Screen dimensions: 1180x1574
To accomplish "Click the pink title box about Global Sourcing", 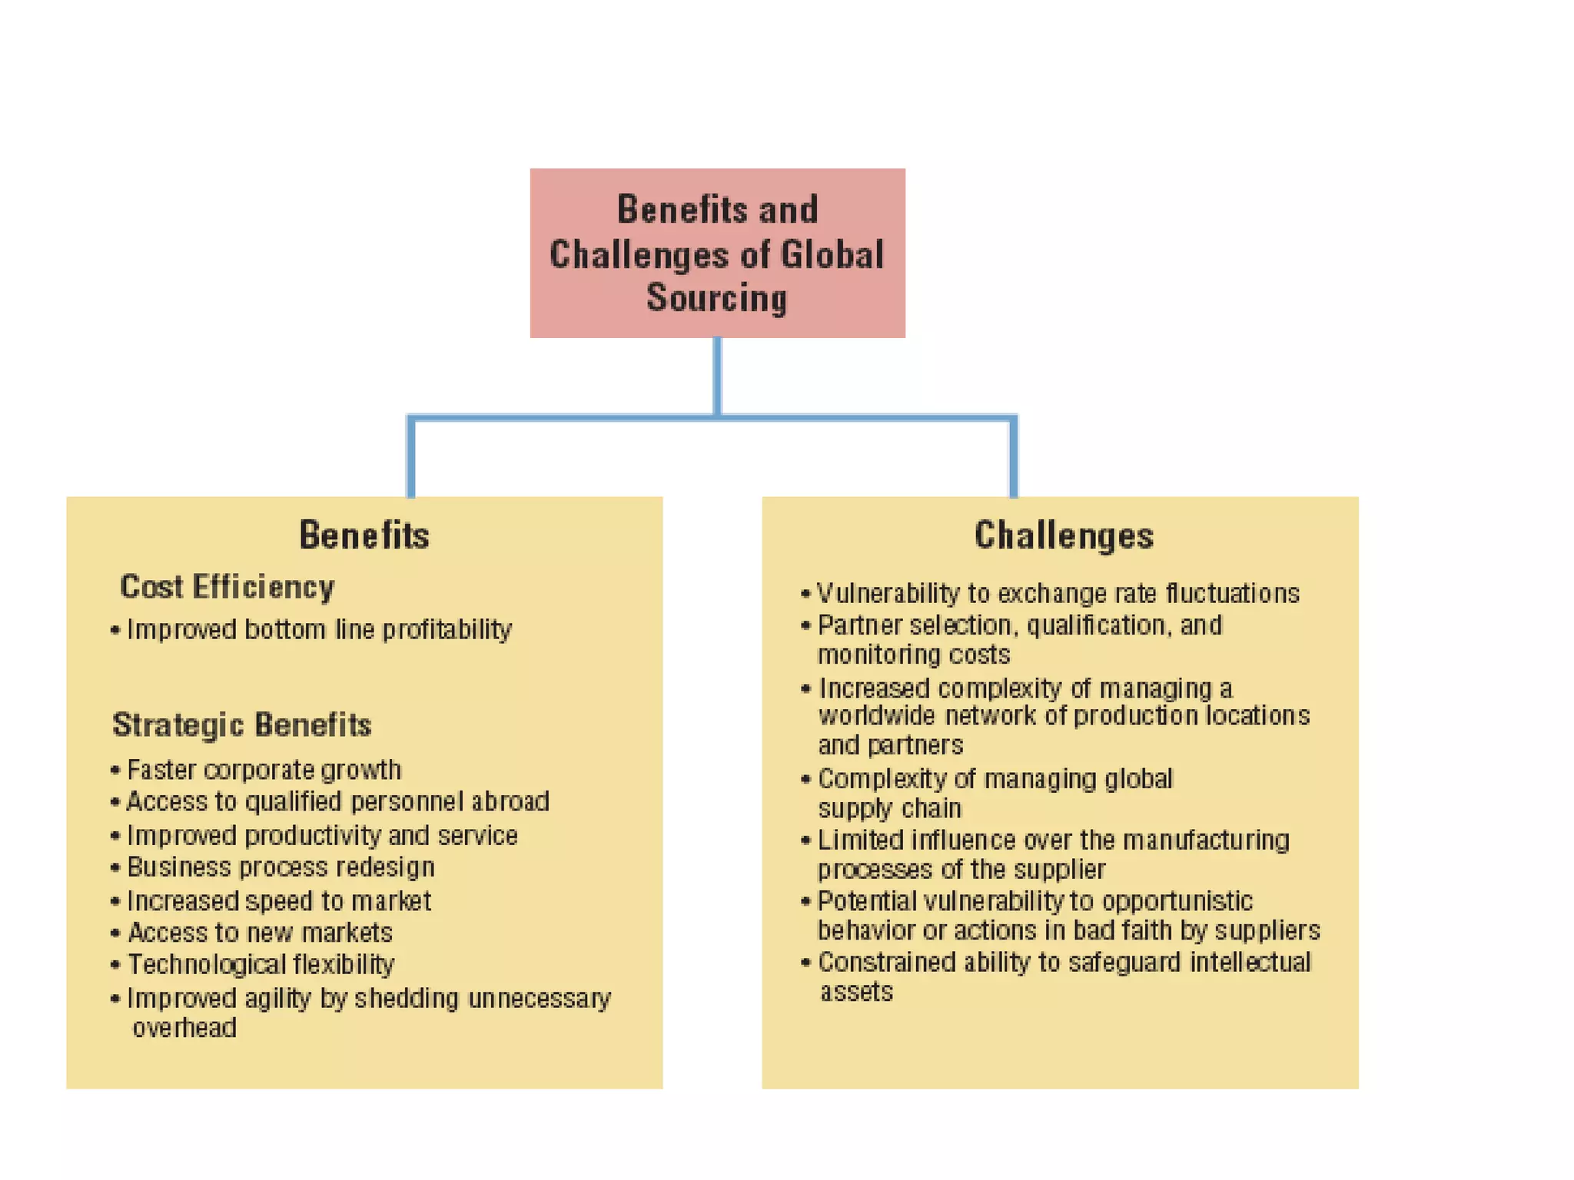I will click(717, 254).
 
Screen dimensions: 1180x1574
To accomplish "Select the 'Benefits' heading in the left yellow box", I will click(364, 535).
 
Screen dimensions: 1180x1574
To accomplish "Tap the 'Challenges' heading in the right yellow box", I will click(1064, 535).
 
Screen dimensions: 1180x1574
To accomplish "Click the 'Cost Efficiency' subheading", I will click(227, 587).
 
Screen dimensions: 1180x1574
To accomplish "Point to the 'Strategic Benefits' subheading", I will click(242, 724).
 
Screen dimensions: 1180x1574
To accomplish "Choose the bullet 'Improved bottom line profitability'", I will click(319, 630).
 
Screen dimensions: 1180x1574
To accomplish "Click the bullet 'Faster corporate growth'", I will click(264, 770).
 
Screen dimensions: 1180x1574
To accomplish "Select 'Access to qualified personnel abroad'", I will click(337, 802).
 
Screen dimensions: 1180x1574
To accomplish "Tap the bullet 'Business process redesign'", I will click(281, 867).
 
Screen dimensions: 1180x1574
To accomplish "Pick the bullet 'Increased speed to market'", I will click(279, 900).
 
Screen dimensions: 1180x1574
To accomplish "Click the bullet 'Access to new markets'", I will click(260, 933).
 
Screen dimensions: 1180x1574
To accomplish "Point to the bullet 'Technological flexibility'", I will click(261, 965).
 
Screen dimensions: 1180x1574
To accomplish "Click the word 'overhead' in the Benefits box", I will click(184, 1028).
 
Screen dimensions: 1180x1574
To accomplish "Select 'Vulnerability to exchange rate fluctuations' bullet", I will click(1058, 594).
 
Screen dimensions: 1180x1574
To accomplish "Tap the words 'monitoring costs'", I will click(914, 655).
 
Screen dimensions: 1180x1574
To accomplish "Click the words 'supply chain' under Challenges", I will click(889, 809).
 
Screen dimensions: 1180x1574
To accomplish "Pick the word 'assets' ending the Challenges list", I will click(856, 992).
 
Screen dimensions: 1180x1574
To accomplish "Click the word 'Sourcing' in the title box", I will click(717, 298).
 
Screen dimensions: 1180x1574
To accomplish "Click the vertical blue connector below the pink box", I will click(717, 376).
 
